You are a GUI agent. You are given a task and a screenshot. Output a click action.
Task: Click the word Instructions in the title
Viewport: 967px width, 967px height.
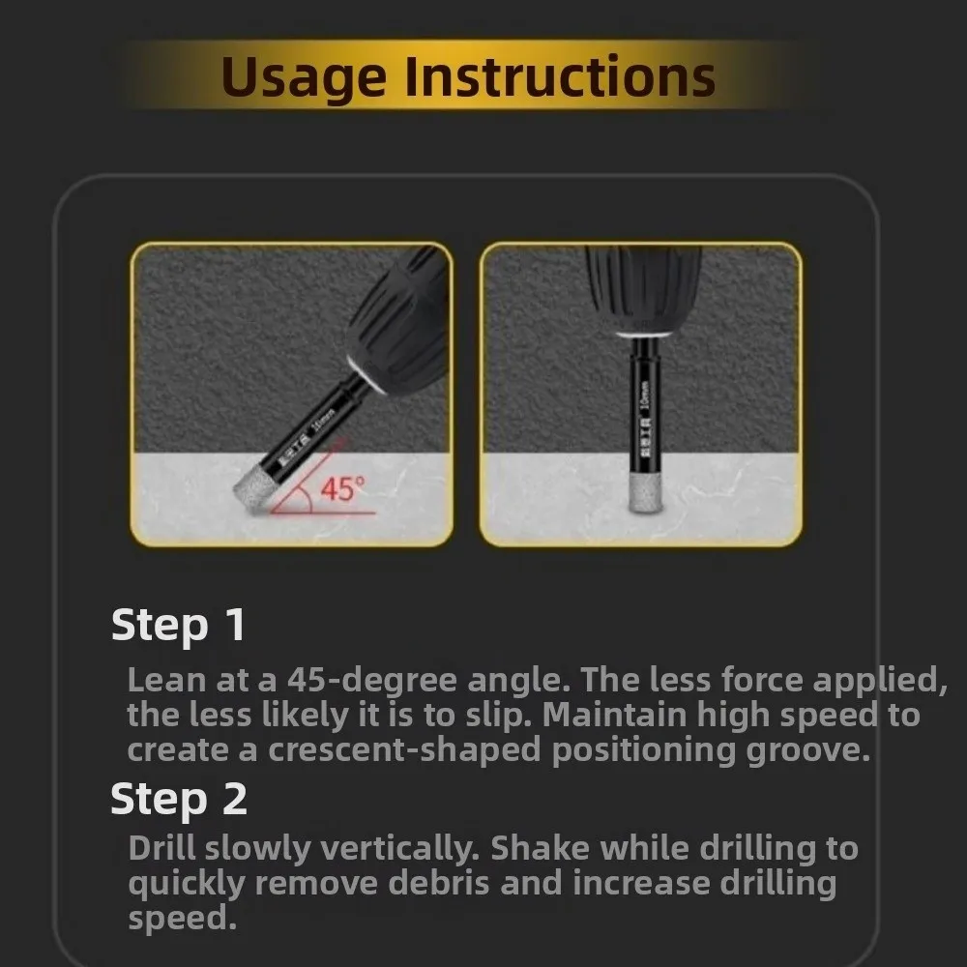coord(560,78)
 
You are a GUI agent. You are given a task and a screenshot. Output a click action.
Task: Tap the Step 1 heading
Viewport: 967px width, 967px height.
coord(179,625)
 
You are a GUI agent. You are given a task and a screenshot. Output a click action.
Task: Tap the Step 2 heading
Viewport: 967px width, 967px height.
coord(179,800)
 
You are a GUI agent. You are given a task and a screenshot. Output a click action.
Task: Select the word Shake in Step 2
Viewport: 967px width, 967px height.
coord(540,849)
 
